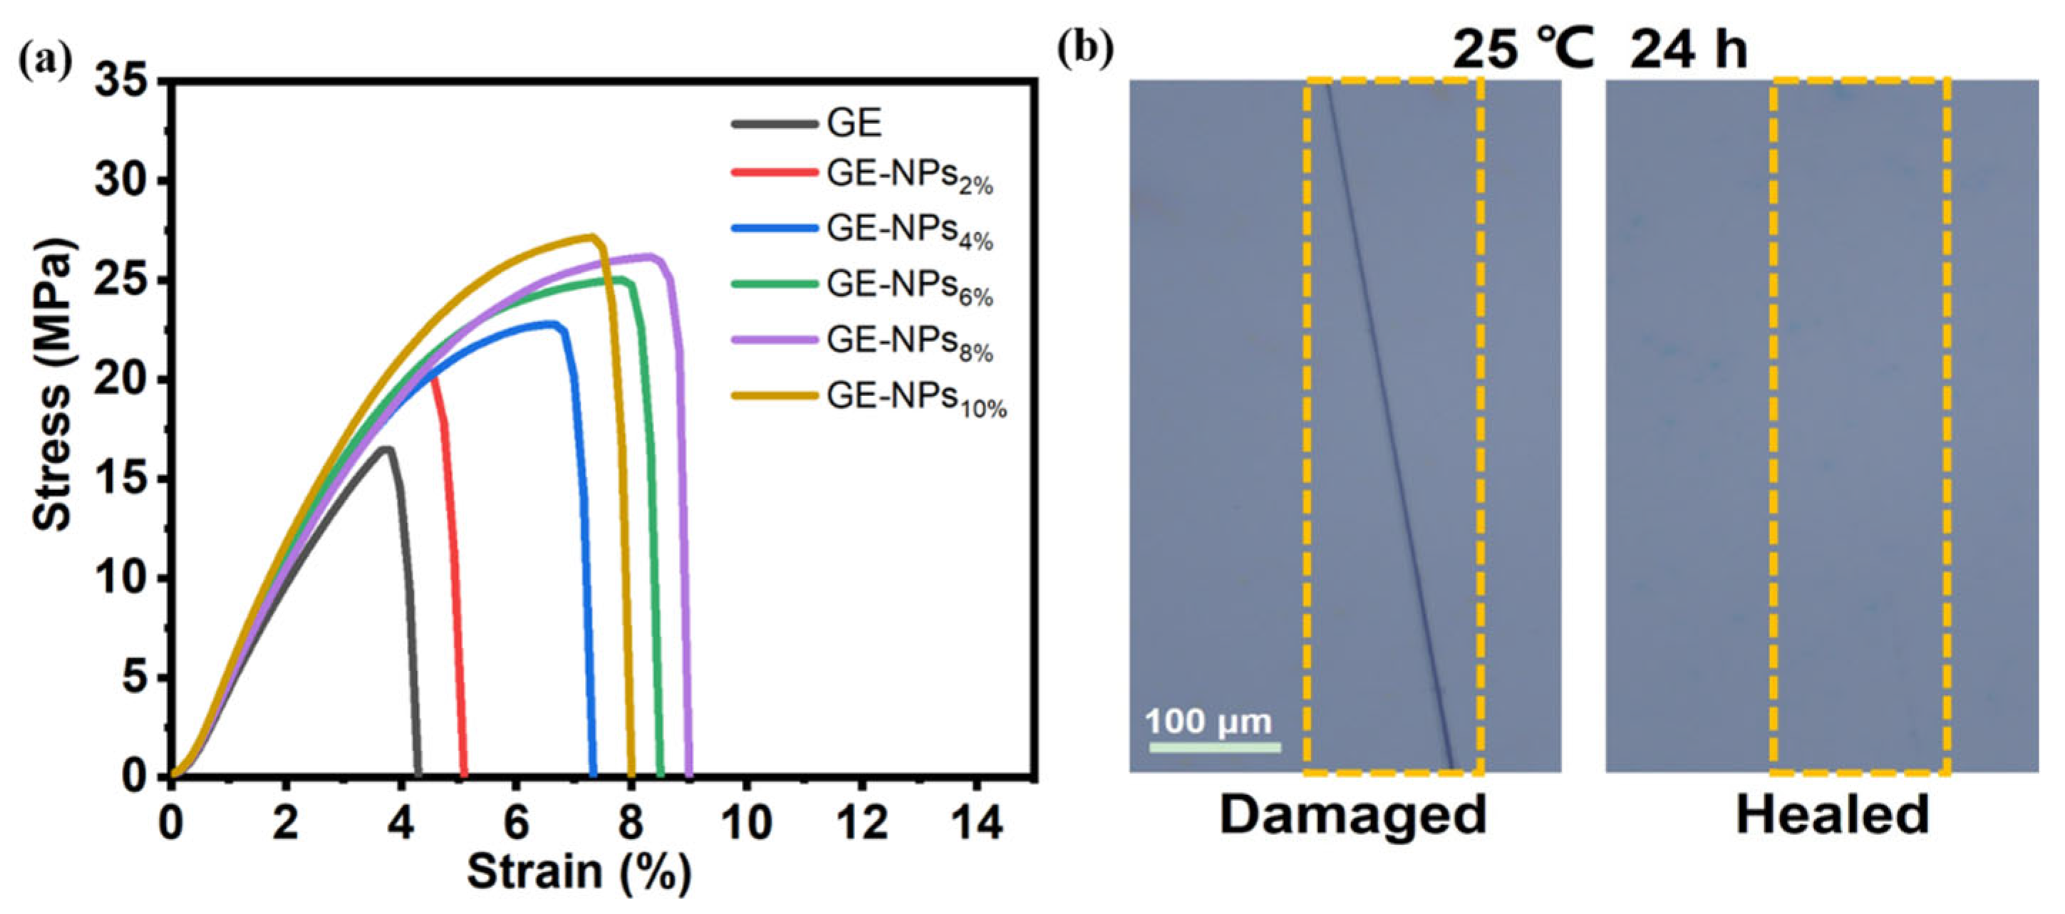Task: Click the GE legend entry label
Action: point(854,123)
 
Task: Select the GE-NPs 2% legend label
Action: point(909,177)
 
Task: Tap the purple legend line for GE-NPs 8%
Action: point(774,340)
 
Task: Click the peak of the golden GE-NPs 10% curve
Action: point(591,237)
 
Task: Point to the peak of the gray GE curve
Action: point(386,449)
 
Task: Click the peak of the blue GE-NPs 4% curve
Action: point(552,324)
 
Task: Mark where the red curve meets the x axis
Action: point(463,774)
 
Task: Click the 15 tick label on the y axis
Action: point(121,479)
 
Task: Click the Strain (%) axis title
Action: point(579,872)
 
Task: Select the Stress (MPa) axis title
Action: point(53,385)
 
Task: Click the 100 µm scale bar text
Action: point(1208,722)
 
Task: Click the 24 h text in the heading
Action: point(1688,50)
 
